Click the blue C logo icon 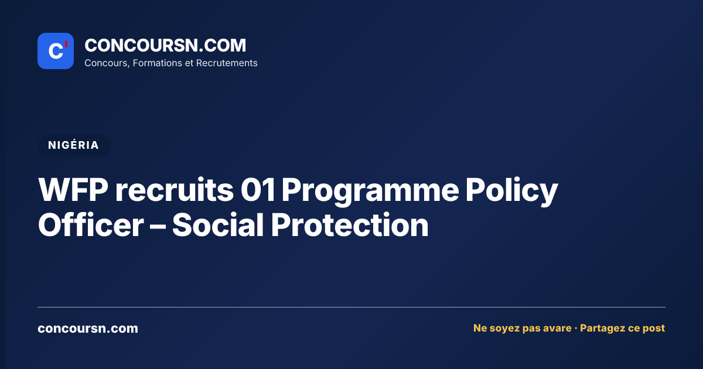coord(56,51)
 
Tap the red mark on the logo coord(66,44)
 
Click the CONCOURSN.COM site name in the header coord(165,45)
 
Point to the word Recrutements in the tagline coord(227,63)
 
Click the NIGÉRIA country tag coord(74,145)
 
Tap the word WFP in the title coord(73,190)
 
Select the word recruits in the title coord(174,190)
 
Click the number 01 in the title coord(258,190)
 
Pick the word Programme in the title coord(370,192)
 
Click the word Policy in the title coord(511,192)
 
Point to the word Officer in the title coord(91,225)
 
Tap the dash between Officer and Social coord(158,225)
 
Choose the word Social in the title coord(218,225)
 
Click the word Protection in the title coord(350,225)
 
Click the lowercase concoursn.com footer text coord(88,329)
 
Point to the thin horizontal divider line coord(351,307)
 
